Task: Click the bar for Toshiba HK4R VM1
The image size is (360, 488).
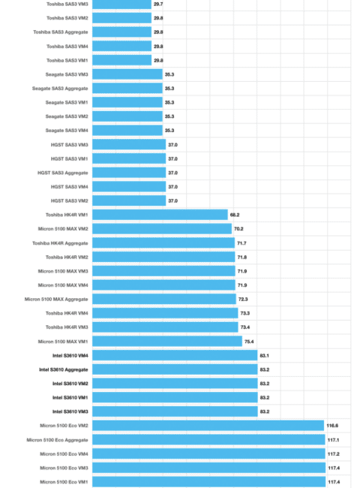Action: (x=160, y=215)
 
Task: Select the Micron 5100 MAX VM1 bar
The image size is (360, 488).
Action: (x=167, y=342)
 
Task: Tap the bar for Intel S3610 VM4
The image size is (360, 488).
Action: (x=175, y=355)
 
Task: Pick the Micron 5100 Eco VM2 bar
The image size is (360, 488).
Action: (x=208, y=426)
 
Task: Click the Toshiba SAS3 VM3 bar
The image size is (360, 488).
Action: (x=121, y=4)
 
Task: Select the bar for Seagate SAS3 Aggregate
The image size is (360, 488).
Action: (x=127, y=89)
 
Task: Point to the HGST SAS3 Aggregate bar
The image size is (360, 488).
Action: (x=129, y=173)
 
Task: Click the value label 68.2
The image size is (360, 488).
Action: (x=235, y=215)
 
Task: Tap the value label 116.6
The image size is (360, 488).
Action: (x=332, y=426)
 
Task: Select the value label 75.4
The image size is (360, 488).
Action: (x=249, y=342)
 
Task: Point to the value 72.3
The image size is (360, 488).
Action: (x=243, y=299)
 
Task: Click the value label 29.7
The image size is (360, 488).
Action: (x=158, y=4)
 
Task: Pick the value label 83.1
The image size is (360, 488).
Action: (x=264, y=355)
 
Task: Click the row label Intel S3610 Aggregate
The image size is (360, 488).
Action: (x=64, y=369)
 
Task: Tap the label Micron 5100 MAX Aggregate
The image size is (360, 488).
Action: (x=56, y=300)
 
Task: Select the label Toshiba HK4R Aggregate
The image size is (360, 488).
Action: (x=60, y=243)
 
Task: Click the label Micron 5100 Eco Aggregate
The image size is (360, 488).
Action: (x=58, y=440)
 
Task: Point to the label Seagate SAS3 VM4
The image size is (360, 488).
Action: (x=67, y=131)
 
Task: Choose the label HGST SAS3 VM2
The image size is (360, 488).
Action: (x=70, y=200)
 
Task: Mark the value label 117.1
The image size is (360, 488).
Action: (x=333, y=440)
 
